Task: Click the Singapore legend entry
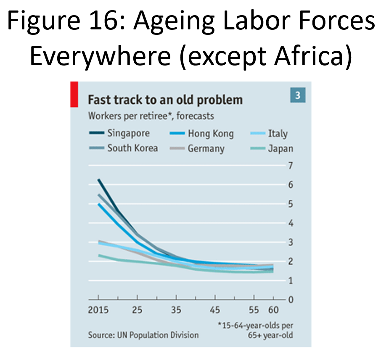point(119,134)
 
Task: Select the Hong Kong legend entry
point(202,134)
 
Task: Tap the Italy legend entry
point(269,134)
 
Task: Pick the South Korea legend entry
point(124,148)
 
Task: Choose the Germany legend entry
point(197,149)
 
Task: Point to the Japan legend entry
point(272,149)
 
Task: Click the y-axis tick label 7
point(291,166)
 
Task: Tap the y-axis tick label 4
point(291,223)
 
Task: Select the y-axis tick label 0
point(291,300)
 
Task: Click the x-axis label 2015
point(98,310)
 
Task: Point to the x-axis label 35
point(176,310)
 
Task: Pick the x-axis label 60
point(273,310)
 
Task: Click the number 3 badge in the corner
point(298,95)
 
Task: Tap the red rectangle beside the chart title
point(74,95)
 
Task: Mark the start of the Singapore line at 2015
point(98,179)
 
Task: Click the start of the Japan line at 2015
point(99,255)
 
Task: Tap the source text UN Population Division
point(158,335)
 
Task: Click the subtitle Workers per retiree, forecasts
point(151,116)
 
